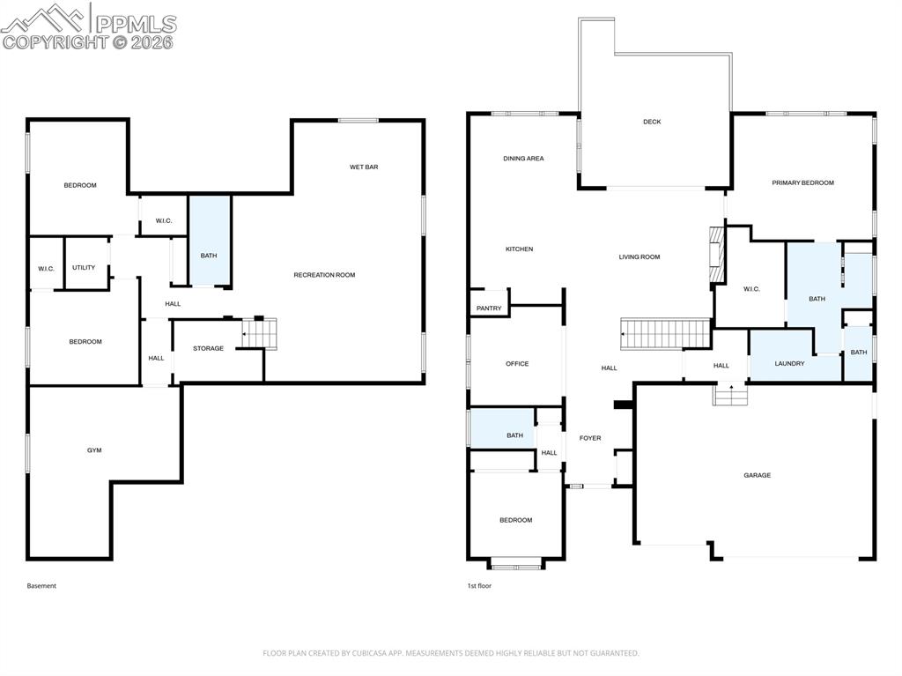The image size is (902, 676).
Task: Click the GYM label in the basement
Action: point(94,450)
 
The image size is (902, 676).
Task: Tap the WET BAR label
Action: point(364,167)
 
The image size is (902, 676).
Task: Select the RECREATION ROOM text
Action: point(324,275)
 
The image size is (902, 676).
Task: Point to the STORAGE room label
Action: point(209,349)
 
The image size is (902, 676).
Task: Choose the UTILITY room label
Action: point(84,268)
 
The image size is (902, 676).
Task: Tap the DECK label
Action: point(652,122)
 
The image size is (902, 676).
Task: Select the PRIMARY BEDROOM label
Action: point(802,183)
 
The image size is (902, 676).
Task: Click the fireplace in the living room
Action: point(716,256)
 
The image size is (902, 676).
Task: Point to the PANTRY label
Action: point(489,308)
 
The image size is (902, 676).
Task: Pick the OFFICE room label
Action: point(517,364)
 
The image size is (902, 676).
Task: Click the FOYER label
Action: point(590,438)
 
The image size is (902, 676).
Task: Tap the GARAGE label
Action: point(757,475)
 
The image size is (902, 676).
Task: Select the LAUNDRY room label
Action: point(789,363)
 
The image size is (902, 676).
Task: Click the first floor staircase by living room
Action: point(666,335)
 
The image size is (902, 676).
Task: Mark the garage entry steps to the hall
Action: point(729,395)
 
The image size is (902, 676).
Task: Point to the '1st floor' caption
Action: point(479,586)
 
